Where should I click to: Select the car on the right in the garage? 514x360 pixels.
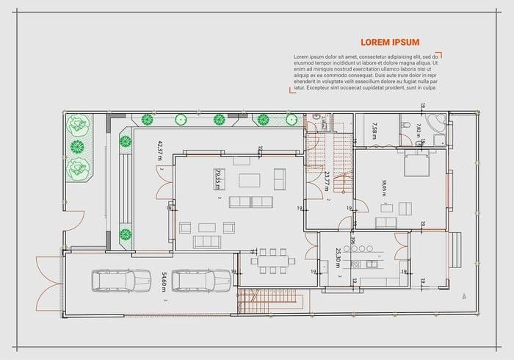(x=205, y=281)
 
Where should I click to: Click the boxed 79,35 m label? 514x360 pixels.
(x=217, y=179)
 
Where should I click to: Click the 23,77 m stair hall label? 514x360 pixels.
(x=326, y=180)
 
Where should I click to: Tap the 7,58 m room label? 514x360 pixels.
(x=374, y=130)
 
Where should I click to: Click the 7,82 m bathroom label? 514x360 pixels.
(x=419, y=130)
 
